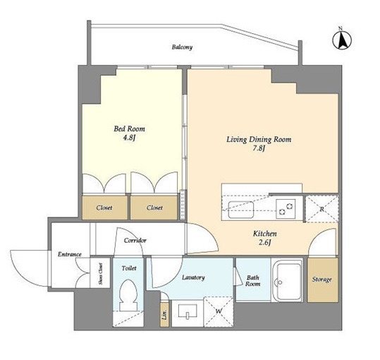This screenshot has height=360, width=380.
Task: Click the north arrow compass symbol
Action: tap(342, 40)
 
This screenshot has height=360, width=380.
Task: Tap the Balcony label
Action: tap(182, 47)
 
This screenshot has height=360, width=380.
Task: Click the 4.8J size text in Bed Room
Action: tap(129, 138)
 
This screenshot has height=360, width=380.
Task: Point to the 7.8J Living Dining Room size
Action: tap(258, 148)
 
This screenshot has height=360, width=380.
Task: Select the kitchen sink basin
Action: tap(240, 210)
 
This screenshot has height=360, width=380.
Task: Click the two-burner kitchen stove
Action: tap(286, 209)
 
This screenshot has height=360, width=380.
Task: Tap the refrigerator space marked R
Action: tap(321, 209)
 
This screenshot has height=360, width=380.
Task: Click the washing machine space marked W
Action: tap(219, 311)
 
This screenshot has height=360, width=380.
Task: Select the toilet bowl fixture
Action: tap(128, 295)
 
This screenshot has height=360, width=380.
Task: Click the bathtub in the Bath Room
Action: tap(287, 280)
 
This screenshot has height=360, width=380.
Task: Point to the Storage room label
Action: tap(321, 280)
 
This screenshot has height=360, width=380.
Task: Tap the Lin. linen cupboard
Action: tap(165, 314)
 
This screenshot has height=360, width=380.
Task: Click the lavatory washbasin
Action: tap(188, 311)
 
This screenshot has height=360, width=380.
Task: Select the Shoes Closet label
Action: tap(100, 274)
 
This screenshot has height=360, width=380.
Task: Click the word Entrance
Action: tap(70, 254)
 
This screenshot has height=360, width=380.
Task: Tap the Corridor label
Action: tap(135, 241)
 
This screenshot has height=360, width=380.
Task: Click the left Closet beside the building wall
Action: tap(104, 208)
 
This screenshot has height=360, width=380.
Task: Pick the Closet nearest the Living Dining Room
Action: tap(154, 208)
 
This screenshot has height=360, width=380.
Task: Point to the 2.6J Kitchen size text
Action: tap(264, 243)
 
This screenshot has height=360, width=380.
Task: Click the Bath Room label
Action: tap(253, 281)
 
